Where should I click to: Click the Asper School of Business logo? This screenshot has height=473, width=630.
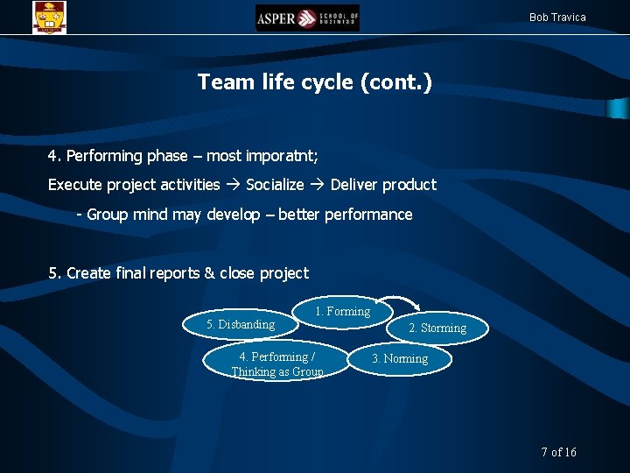coord(307,18)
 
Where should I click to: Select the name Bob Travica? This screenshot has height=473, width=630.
coord(557,18)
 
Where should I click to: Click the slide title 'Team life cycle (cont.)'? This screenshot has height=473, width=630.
coord(314,82)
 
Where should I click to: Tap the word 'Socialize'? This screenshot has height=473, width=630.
coord(275,185)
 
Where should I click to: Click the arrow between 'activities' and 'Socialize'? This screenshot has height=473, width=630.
coord(233,185)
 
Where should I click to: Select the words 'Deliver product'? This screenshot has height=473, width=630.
coord(382,185)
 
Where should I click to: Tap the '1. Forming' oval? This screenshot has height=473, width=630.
coord(342,311)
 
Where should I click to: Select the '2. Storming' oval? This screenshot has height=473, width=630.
coord(437,328)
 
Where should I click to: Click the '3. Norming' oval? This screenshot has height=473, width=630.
coord(400,359)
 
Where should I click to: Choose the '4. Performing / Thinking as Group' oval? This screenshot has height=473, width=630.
coord(276,363)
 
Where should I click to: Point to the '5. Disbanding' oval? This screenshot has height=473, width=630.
coord(241,325)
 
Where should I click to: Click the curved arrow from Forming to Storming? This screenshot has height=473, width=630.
coord(408,302)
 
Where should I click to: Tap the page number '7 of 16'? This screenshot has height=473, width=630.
coord(558,452)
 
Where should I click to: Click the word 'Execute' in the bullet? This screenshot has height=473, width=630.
coord(74,185)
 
